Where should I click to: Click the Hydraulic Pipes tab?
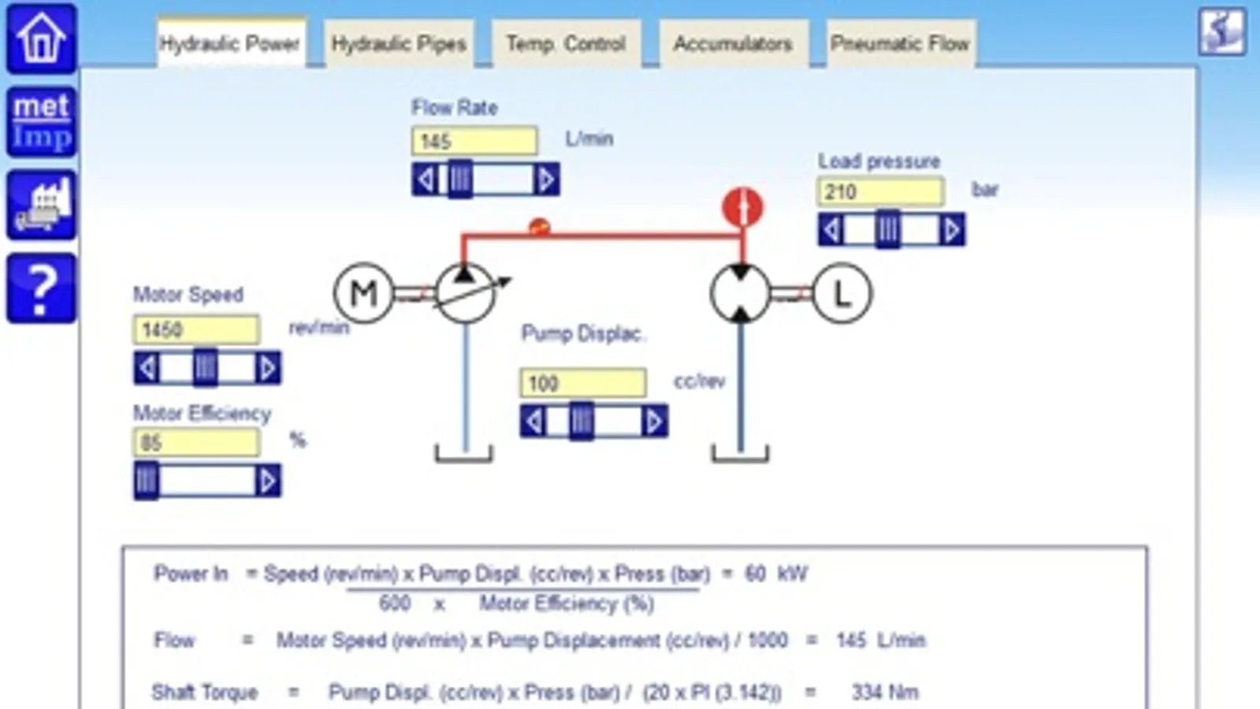coord(399,43)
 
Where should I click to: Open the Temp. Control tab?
coord(566,43)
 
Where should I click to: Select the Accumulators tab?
coord(733,43)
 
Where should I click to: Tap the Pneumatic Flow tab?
coord(900,43)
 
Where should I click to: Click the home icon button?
coord(42,38)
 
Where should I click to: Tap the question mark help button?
coord(42,288)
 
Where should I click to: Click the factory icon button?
coord(42,205)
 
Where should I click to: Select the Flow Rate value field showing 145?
coord(474,141)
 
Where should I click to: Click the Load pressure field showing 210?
coord(880,191)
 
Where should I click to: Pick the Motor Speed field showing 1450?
coord(196,329)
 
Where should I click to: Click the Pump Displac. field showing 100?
coord(583,384)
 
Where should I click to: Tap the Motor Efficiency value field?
coord(196,443)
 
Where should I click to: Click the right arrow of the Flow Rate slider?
coord(545,180)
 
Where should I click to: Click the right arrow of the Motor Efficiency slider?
coord(267,481)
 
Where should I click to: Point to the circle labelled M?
coord(363,294)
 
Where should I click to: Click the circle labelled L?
coord(842,294)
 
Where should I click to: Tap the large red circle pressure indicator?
coord(742,207)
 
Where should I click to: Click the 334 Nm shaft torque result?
coord(884,692)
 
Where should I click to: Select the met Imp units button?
coord(42,121)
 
